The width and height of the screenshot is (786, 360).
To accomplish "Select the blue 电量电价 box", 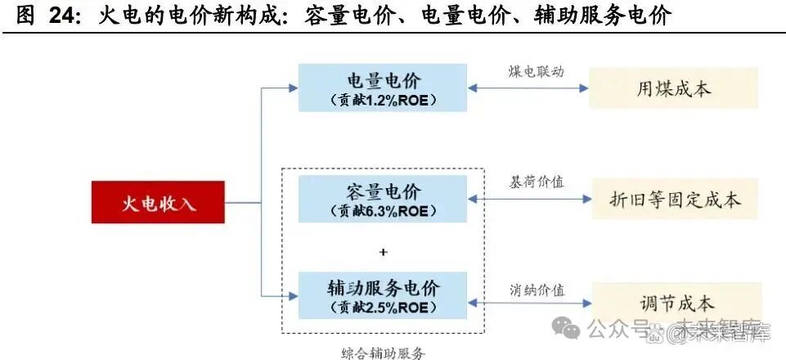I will click(x=383, y=88).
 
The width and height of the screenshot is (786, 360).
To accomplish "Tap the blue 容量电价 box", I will click(x=383, y=200).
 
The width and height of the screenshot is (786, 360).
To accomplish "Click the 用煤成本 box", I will click(x=673, y=88).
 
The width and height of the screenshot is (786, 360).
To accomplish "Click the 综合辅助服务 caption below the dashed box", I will click(x=383, y=352).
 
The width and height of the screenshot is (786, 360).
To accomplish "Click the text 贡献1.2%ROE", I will click(x=383, y=101).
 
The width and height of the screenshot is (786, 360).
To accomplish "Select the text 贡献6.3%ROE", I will click(x=383, y=211).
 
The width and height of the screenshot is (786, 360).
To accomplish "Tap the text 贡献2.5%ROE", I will click(x=383, y=308).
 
